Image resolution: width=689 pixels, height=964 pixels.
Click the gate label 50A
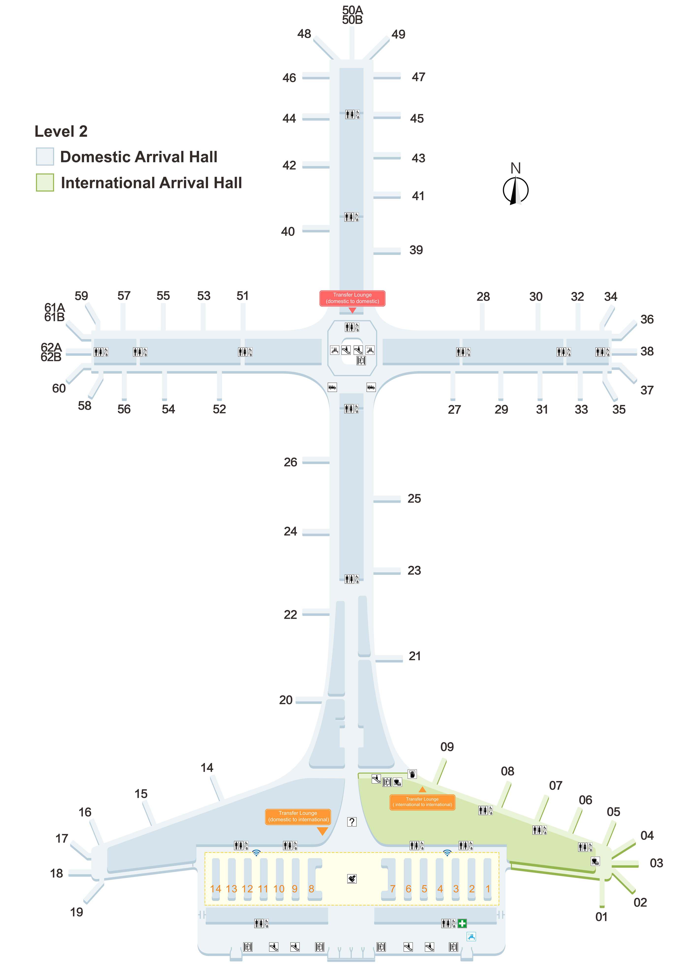click(x=353, y=10)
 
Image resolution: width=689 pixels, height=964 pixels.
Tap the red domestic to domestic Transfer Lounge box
click(x=352, y=298)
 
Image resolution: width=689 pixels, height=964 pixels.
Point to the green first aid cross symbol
click(x=462, y=923)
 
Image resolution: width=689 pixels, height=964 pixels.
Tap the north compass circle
click(x=516, y=190)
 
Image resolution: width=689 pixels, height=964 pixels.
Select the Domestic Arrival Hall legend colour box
click(x=45, y=156)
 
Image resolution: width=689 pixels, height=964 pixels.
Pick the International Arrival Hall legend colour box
click(x=45, y=182)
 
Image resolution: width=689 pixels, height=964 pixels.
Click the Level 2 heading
click(x=61, y=131)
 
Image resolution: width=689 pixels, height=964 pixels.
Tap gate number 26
click(x=291, y=462)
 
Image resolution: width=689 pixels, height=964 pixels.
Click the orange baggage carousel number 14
click(x=216, y=889)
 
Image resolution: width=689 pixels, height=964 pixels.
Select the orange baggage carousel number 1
click(x=488, y=889)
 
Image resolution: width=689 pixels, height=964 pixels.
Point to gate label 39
click(x=416, y=250)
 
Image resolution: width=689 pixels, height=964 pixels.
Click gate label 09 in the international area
click(x=447, y=747)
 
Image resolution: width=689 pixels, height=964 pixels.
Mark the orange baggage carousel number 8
click(x=312, y=889)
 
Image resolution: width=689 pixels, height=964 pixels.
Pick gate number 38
click(x=647, y=351)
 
